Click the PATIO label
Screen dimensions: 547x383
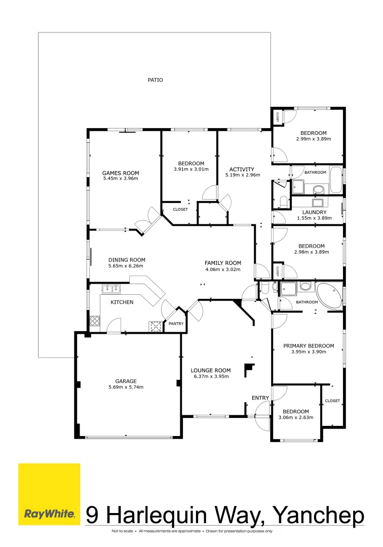[155, 80]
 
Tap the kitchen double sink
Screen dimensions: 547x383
[111, 289]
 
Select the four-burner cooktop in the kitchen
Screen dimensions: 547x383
[95, 321]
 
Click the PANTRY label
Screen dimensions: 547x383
[176, 324]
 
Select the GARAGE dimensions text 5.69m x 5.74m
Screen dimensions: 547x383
[126, 387]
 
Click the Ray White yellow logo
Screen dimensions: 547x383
[49, 494]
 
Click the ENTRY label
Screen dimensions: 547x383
[260, 398]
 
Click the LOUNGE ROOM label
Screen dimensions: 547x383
[211, 370]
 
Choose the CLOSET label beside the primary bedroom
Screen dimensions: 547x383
[332, 401]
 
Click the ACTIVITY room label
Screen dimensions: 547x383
[242, 169]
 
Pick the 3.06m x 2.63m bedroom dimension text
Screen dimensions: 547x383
[296, 418]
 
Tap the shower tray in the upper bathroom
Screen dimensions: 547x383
[298, 187]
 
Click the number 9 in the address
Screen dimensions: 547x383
[92, 516]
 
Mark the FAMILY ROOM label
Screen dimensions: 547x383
[222, 263]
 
